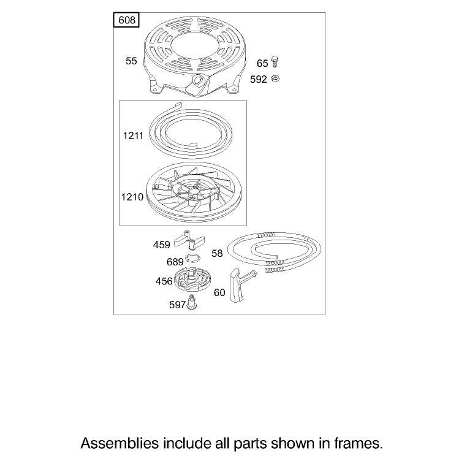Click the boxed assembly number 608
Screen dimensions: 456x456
(126, 20)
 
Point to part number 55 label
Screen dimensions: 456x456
(131, 61)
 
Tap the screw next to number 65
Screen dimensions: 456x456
(275, 62)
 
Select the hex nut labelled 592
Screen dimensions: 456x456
(275, 78)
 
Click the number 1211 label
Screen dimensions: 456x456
(133, 136)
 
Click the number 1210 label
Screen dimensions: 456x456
(132, 197)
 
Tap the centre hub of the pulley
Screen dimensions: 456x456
(192, 191)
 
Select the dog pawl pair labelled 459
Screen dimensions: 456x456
(189, 240)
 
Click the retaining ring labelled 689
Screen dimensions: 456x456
(192, 258)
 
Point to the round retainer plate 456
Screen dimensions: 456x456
(192, 280)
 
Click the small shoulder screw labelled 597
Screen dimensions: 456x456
(191, 302)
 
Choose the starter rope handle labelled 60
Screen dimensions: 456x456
(240, 285)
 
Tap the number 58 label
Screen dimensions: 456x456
(217, 253)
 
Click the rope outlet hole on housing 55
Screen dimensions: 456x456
(198, 79)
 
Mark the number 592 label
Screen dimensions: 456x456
(259, 80)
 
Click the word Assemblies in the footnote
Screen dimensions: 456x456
(120, 444)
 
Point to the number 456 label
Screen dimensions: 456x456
(164, 281)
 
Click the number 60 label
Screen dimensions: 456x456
(219, 292)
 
